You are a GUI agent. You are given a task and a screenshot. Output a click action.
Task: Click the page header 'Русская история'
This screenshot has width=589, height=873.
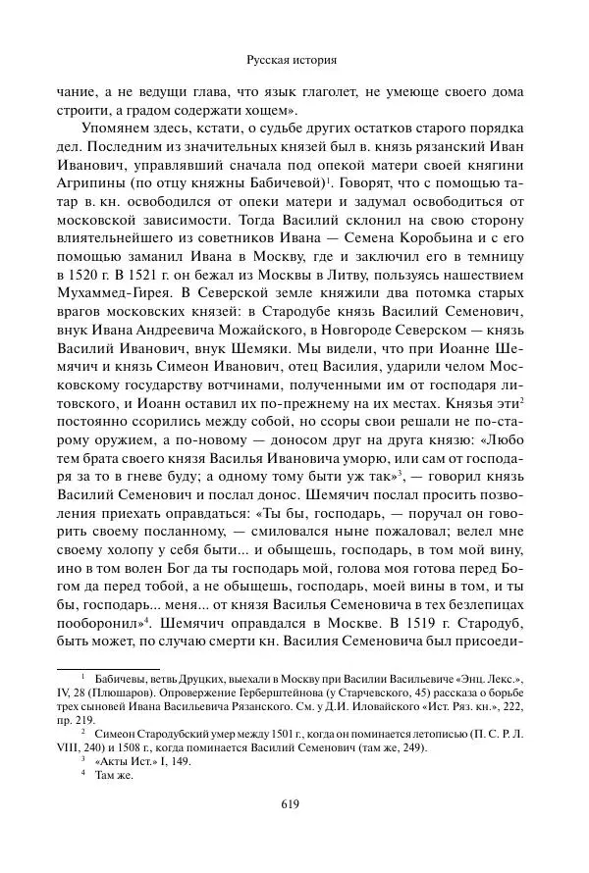pyautogui.click(x=294, y=59)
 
